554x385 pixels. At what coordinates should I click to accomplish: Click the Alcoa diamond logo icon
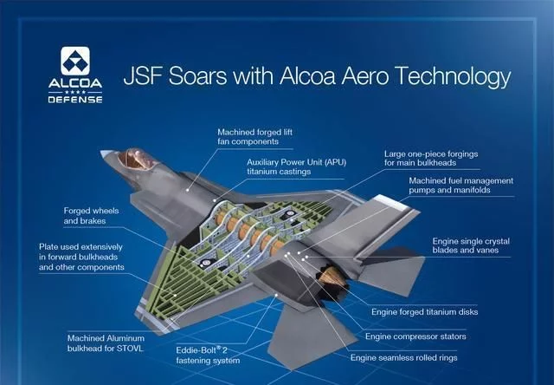coord(75,61)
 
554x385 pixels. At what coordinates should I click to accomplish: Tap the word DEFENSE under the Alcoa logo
coord(75,100)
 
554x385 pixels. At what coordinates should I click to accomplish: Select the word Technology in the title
coord(453,77)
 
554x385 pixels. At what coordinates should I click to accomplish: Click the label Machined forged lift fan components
coord(254,137)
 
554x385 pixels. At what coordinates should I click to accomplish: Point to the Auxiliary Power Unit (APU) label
coord(296,167)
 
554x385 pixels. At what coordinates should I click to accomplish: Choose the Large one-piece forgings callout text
coord(431,158)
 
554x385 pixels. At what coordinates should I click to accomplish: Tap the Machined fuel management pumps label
coord(461,186)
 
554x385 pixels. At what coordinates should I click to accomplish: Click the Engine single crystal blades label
coord(471,245)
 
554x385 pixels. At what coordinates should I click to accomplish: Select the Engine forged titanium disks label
coord(425,312)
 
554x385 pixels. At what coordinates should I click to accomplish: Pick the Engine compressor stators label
coord(415,336)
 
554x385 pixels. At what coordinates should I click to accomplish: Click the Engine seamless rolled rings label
coord(404,358)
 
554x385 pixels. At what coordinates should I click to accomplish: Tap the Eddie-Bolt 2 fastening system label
coord(208,356)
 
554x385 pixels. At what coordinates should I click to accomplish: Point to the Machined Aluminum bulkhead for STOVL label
coord(106,343)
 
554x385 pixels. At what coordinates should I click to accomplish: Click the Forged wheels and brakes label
coord(91,216)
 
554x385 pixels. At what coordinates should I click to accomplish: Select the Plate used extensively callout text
coord(81,257)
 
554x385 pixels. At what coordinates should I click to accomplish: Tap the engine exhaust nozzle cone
coord(332,277)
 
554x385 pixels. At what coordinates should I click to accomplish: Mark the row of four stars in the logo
coord(75,92)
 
